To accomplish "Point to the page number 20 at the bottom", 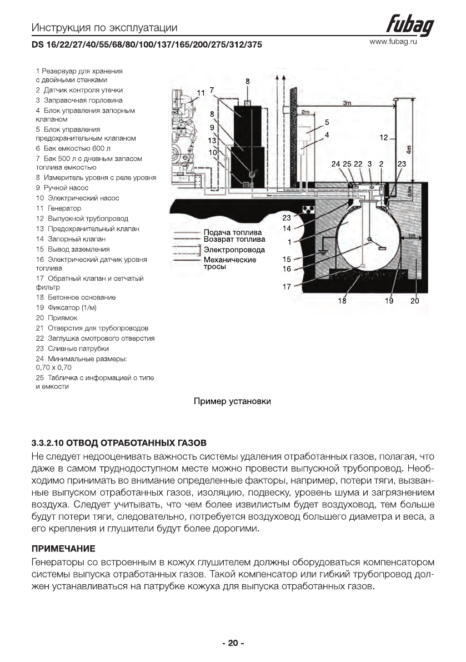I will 233,643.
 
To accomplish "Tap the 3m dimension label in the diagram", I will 347,103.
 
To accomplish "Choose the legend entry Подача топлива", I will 226,232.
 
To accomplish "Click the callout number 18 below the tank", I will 343,301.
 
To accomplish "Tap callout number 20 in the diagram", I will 414,301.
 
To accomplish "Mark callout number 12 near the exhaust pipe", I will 383,137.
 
